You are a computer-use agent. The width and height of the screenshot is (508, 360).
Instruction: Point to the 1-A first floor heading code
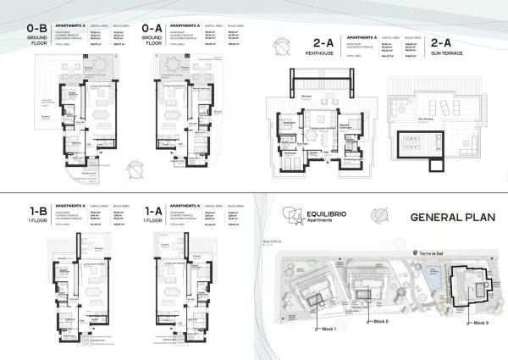click(x=152, y=207)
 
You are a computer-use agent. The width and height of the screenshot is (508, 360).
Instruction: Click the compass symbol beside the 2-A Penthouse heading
click(x=280, y=47)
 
